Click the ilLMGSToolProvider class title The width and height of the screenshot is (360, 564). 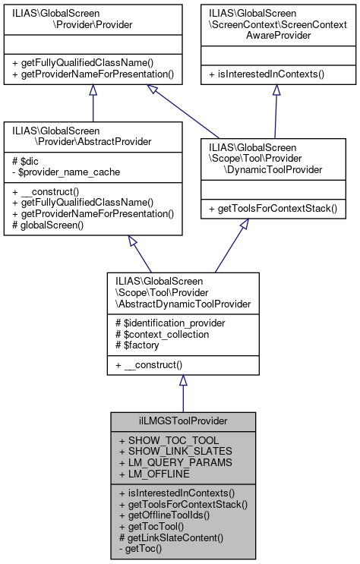(x=182, y=420)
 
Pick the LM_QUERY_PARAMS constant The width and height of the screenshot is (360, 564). (x=165, y=462)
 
